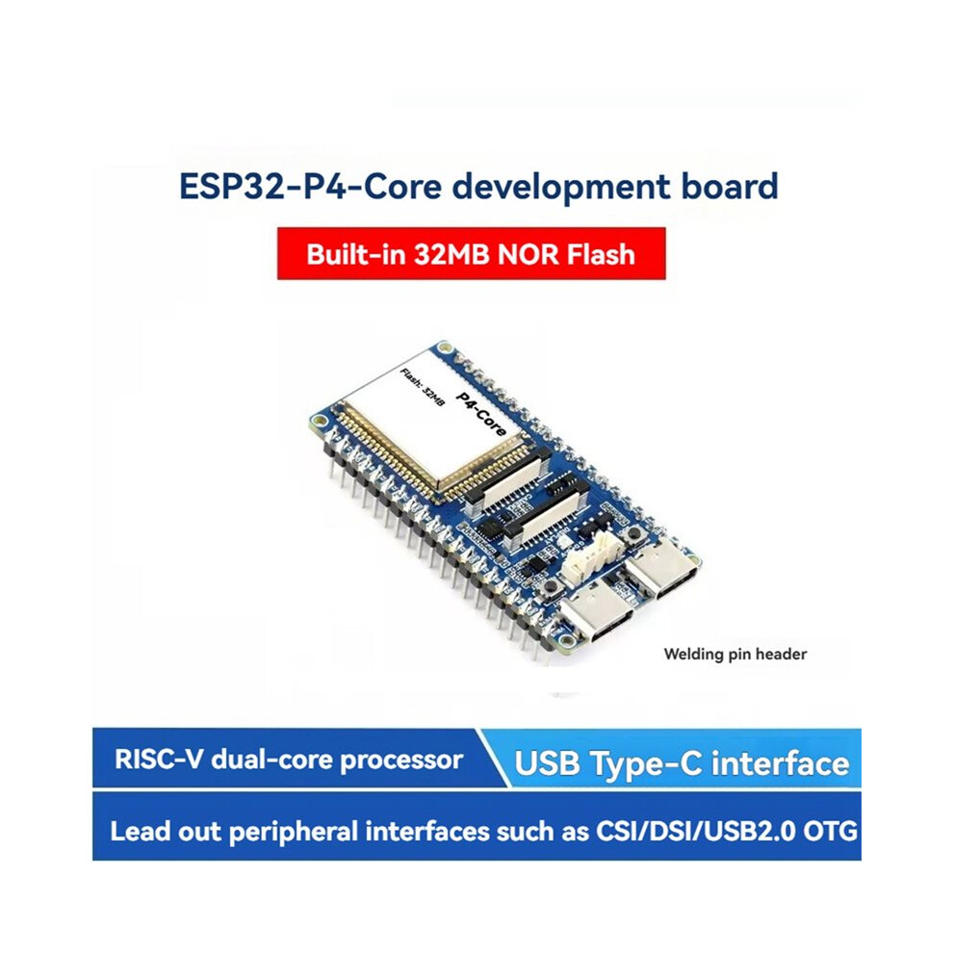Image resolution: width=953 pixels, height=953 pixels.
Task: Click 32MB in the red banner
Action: click(x=451, y=254)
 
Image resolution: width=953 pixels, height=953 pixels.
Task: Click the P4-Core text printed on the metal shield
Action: click(x=480, y=414)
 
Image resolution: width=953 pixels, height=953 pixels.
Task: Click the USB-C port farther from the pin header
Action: click(x=662, y=570)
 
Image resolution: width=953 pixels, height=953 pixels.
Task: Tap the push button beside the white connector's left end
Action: click(x=552, y=586)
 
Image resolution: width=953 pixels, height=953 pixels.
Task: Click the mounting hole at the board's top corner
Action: click(x=447, y=348)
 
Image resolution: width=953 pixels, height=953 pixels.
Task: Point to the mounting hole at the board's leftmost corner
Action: click(x=319, y=420)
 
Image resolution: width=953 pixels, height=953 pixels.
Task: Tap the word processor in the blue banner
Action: click(x=401, y=760)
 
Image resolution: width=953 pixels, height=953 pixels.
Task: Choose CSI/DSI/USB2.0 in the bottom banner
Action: click(x=695, y=831)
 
